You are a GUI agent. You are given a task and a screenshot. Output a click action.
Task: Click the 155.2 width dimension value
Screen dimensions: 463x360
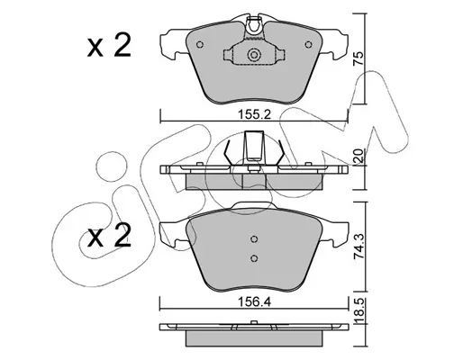pos(254,114)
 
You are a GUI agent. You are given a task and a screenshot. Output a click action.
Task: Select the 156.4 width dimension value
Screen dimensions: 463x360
pos(254,301)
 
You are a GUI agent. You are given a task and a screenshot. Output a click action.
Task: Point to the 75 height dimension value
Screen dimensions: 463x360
pos(359,58)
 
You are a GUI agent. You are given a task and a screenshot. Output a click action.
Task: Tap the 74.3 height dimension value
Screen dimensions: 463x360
pos(359,247)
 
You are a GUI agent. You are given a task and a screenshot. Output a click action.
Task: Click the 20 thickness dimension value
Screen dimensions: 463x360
pos(359,156)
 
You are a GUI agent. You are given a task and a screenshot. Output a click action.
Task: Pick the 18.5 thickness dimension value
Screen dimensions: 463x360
pos(359,310)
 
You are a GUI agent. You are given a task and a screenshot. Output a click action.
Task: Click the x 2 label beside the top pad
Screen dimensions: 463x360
pos(109,45)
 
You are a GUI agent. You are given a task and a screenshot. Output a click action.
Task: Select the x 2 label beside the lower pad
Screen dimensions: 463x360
pos(109,236)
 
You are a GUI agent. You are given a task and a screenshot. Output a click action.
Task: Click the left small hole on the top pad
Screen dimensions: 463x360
pos(200,45)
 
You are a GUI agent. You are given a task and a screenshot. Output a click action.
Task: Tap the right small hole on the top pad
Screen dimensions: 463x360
pos(308,45)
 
